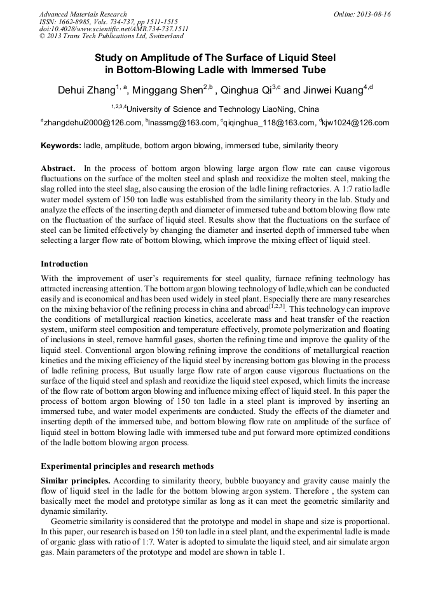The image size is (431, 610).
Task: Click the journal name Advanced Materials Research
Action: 83,14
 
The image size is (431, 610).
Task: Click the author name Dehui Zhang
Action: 86,90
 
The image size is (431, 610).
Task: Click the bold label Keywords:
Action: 61,146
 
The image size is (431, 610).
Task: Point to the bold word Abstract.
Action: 58,169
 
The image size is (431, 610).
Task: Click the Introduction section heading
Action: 64,263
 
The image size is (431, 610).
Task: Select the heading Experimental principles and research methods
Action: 127,466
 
